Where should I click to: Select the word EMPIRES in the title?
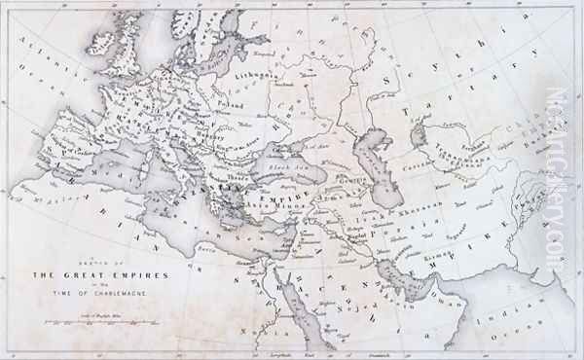(141, 276)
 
